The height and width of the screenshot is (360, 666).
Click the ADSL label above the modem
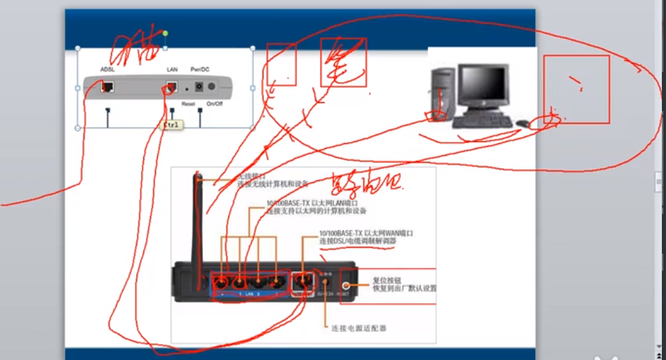pyautogui.click(x=108, y=69)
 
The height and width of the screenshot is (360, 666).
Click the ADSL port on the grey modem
pyautogui.click(x=108, y=87)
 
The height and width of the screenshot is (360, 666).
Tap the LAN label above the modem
pyautogui.click(x=172, y=69)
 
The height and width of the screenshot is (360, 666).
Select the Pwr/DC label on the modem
pyautogui.click(x=200, y=69)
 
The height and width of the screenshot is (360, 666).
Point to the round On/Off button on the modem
pyautogui.click(x=212, y=87)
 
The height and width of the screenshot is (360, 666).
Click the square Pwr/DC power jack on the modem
pyautogui.click(x=199, y=87)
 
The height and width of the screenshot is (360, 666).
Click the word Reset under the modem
pyautogui.click(x=189, y=104)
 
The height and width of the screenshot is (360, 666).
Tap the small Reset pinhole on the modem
pyautogui.click(x=187, y=88)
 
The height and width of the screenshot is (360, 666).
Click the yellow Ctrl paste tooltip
pyautogui.click(x=170, y=125)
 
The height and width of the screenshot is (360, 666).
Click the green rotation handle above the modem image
pyautogui.click(x=165, y=33)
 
